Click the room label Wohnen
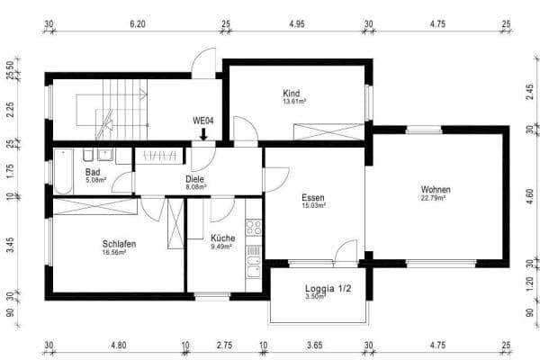pos(436,190)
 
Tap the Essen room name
pos(313,197)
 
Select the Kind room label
pos(291,93)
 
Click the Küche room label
pos(222,238)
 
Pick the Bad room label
pos(93,171)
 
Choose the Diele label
pos(195,179)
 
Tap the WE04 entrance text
pos(204,120)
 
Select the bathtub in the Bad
pos(63,171)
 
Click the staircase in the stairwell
pos(121,108)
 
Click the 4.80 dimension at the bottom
pos(118,345)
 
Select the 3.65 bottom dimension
pos(315,345)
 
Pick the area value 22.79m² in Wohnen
pos(436,199)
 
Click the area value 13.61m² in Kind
pos(291,102)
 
